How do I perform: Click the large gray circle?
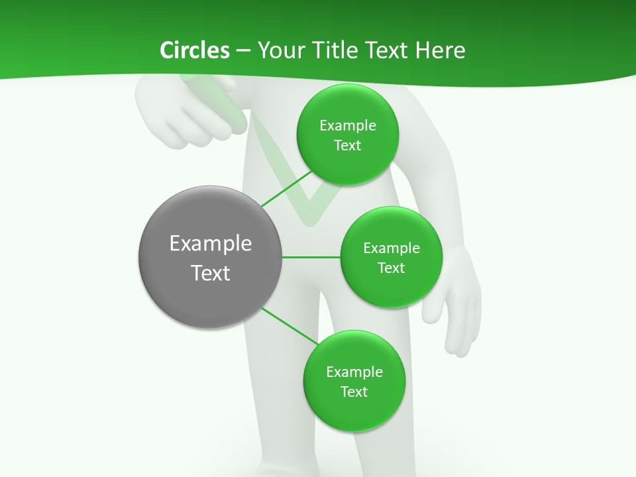[x=211, y=257]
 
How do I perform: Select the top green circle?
[x=347, y=134]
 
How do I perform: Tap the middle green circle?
[x=391, y=257]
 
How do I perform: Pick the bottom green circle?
[x=354, y=381]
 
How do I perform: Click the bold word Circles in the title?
[x=195, y=50]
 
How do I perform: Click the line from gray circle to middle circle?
[x=311, y=257]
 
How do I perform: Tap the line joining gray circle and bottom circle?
[x=289, y=326]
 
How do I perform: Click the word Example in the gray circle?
[x=211, y=244]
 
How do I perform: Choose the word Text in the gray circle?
[x=211, y=273]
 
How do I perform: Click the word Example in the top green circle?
[x=348, y=126]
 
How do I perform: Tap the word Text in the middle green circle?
[x=391, y=268]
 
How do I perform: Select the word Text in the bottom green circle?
[x=354, y=392]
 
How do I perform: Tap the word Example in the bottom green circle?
[x=354, y=372]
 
